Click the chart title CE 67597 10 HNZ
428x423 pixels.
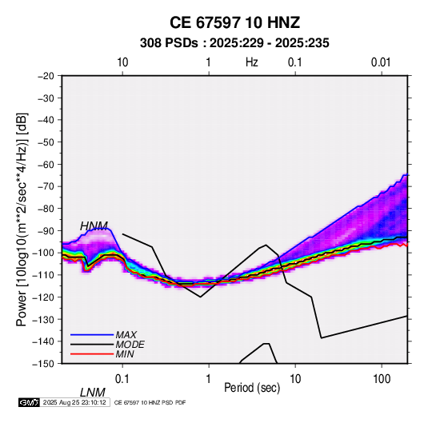tap(234, 22)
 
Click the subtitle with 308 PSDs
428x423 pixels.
tap(234, 43)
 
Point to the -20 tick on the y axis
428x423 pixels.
tap(46, 76)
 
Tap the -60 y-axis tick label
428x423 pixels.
tap(46, 164)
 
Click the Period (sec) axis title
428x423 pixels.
tap(252, 388)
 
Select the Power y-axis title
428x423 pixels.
tap(22, 220)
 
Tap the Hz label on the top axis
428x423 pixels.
tap(252, 62)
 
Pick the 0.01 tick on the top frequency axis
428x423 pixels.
tap(381, 62)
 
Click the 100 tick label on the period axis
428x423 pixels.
tap(382, 379)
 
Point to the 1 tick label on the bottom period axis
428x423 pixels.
tap(209, 379)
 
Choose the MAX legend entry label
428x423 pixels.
tap(126, 334)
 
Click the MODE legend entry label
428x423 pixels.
tap(130, 345)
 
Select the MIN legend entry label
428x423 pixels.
tap(125, 354)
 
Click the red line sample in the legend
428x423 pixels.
tap(92, 354)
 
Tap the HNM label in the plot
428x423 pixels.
tap(94, 226)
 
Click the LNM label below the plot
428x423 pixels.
tap(92, 393)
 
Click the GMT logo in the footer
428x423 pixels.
tap(30, 402)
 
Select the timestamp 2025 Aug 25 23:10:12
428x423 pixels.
tap(74, 402)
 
